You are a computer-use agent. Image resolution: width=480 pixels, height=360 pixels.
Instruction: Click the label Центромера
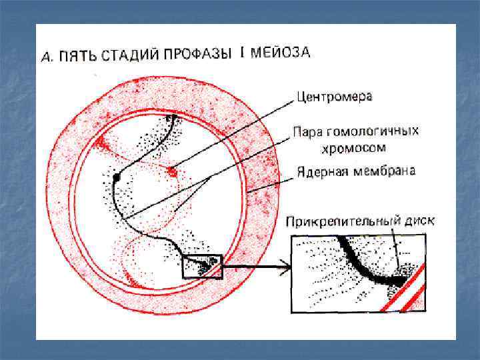335,97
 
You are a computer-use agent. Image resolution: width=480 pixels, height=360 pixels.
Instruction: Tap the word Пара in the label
308,133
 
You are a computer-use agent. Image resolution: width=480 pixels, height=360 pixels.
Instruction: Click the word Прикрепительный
339,221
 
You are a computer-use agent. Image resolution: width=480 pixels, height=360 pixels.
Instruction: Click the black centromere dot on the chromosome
116,178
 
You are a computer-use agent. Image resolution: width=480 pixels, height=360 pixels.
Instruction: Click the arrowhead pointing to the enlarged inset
285,270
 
